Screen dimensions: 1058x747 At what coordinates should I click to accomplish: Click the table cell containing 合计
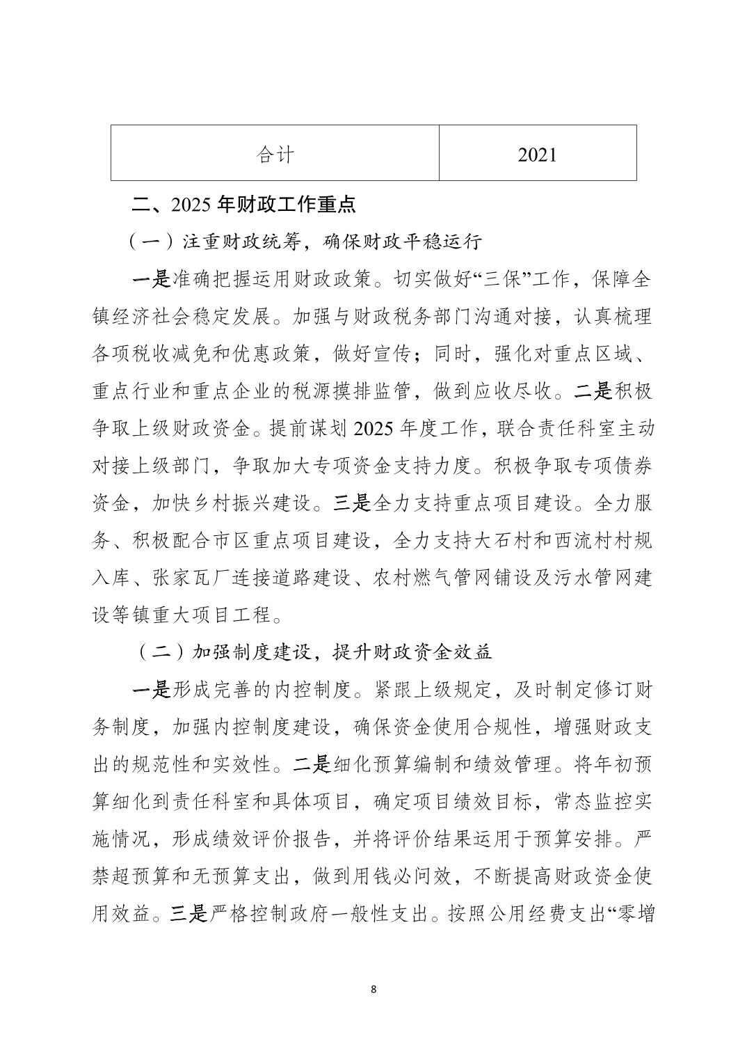tap(275, 154)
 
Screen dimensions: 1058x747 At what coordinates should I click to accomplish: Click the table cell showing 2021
tap(537, 154)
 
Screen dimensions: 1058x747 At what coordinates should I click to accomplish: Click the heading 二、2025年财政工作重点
tap(244, 205)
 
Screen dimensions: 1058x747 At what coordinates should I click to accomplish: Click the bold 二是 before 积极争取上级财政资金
tap(594, 392)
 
